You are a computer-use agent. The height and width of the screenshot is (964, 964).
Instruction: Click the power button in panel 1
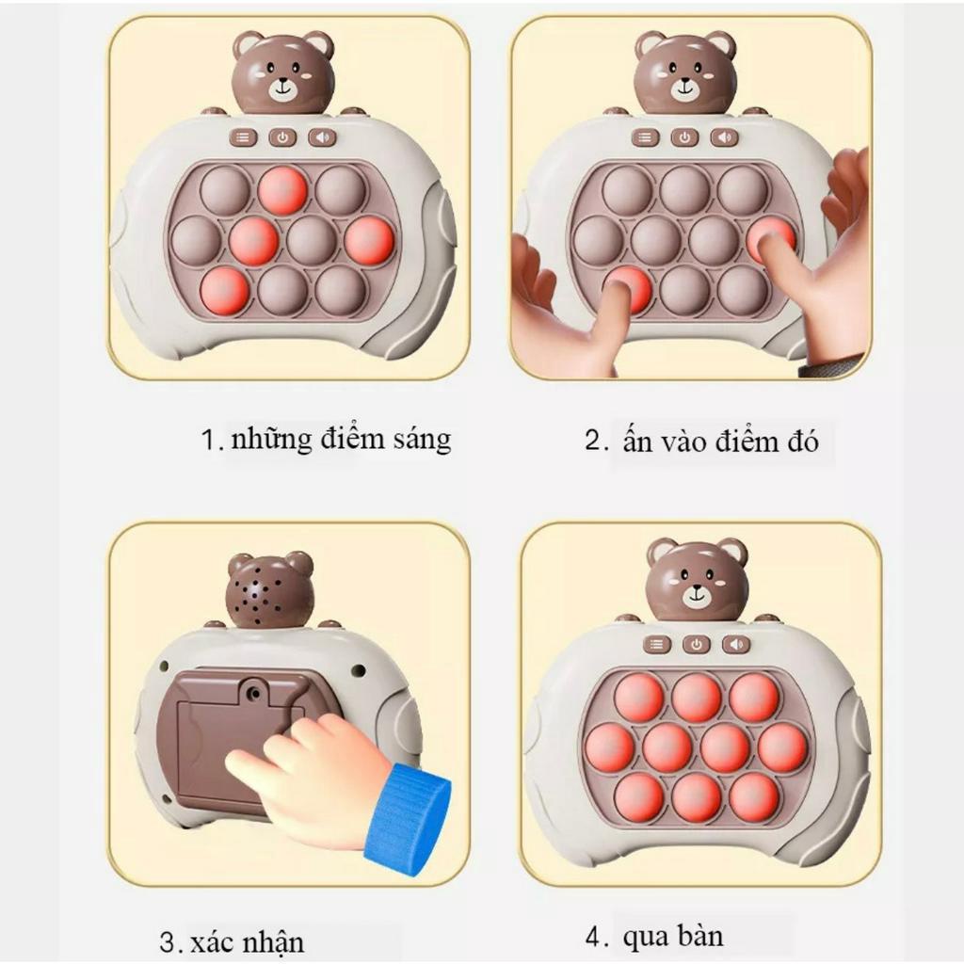(282, 137)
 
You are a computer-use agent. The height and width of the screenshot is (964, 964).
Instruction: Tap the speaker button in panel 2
(724, 137)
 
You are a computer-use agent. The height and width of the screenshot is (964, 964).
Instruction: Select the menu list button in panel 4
(656, 645)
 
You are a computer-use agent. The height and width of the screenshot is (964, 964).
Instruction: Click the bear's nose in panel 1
(282, 83)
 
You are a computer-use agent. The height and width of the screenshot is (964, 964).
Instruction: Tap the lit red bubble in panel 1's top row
(282, 190)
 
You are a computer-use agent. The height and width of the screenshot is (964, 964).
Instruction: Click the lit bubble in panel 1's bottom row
(225, 290)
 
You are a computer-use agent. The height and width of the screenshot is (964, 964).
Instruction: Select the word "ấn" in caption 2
(637, 441)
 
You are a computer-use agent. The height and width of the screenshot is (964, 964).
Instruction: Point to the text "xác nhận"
(247, 941)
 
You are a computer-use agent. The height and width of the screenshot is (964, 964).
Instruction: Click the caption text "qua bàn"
(672, 937)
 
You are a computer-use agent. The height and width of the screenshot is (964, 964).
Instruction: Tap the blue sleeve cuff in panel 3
(406, 811)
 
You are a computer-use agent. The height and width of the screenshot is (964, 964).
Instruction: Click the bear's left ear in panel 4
(662, 550)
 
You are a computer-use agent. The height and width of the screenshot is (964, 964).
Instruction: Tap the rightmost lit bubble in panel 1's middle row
(368, 241)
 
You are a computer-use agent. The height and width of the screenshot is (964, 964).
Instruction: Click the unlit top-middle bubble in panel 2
(684, 190)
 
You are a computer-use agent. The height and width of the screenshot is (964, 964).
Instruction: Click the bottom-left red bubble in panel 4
(639, 796)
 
